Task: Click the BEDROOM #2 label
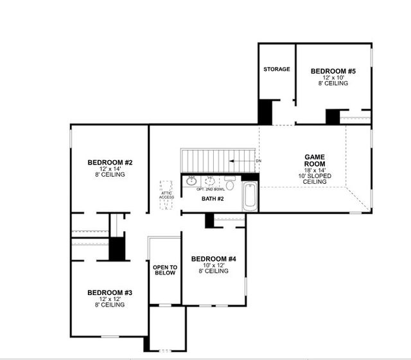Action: point(110,162)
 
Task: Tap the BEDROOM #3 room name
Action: point(110,292)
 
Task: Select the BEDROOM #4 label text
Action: point(214,258)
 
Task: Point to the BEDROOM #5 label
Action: point(333,71)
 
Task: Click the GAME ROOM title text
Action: point(315,160)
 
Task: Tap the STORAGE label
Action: point(276,69)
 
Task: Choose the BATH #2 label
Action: point(213,199)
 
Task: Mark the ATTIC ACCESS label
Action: point(166,195)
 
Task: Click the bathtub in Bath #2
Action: point(250,195)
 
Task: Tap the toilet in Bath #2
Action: point(230,182)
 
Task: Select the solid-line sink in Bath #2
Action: point(191,182)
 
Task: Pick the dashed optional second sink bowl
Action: point(209,182)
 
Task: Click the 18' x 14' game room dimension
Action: point(315,170)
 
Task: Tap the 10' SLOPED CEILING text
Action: point(315,179)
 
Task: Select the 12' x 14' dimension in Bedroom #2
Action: point(110,168)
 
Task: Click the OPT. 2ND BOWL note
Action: point(211,190)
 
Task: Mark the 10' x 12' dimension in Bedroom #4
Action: point(214,265)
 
